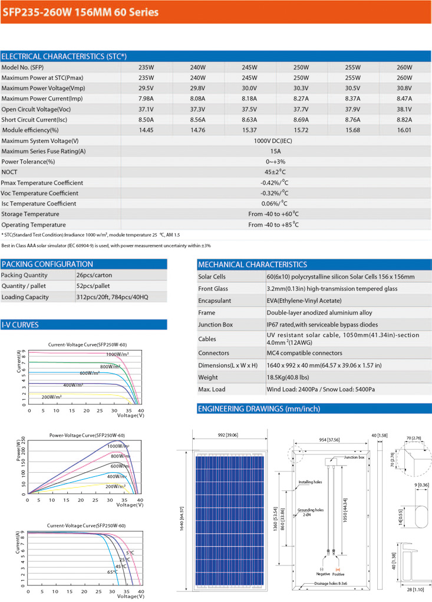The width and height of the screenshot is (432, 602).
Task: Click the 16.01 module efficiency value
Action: [x=404, y=130]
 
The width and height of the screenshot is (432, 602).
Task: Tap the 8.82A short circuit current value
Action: [x=404, y=119]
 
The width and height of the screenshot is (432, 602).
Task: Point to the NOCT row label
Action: [x=10, y=172]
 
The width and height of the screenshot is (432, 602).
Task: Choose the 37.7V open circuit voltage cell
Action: [x=301, y=109]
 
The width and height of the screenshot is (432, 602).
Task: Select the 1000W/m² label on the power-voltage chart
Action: [x=118, y=447]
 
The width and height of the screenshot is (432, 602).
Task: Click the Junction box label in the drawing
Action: [x=355, y=457]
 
